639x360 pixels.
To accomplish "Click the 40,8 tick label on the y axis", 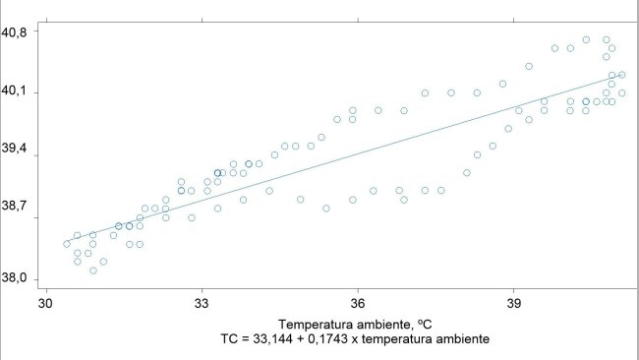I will point(14,30).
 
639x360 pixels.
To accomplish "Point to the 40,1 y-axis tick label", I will point(14,92).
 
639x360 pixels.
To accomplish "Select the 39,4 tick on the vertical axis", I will point(14,153).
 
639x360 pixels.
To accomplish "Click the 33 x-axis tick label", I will point(202,303).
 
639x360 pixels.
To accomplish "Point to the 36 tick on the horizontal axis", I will point(358,303).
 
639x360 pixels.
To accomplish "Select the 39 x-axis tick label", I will point(514,303).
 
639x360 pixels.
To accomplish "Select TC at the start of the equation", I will point(230,339).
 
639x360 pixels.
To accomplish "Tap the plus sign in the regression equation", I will point(302,339).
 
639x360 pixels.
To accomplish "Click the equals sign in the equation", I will point(246,339).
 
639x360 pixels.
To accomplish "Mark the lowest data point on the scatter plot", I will point(93,270).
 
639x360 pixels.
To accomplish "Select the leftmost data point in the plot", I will point(67,243).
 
